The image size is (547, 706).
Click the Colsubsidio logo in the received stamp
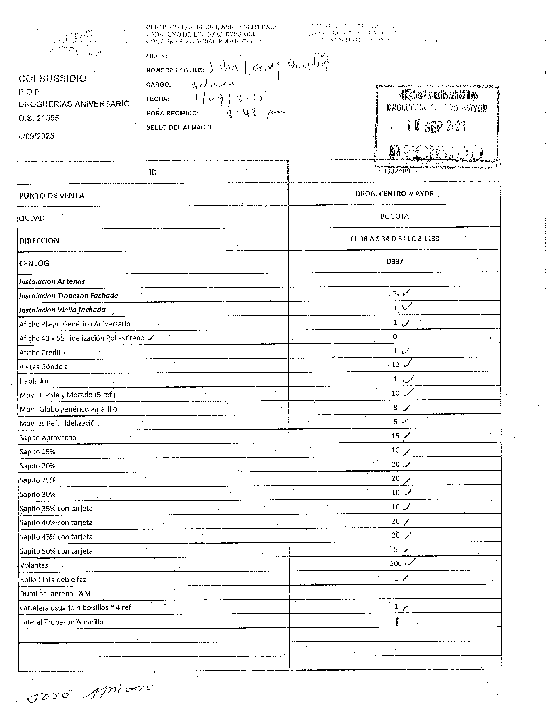pyautogui.click(x=439, y=95)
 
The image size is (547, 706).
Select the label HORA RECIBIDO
pyautogui.click(x=172, y=113)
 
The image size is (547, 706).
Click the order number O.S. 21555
pyautogui.click(x=39, y=118)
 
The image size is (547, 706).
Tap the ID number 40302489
pyautogui.click(x=394, y=171)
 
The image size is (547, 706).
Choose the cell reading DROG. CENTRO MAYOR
pyautogui.click(x=394, y=194)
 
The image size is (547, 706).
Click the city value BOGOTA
pyautogui.click(x=394, y=216)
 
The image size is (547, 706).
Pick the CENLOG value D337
pyautogui.click(x=394, y=261)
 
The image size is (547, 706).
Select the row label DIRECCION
pyautogui.click(x=39, y=241)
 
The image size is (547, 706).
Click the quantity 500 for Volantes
pyautogui.click(x=396, y=564)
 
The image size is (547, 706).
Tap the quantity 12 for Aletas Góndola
pyautogui.click(x=395, y=365)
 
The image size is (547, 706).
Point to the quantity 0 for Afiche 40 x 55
pyautogui.click(x=395, y=336)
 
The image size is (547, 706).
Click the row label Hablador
pyautogui.click(x=34, y=381)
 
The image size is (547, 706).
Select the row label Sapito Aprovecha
pyautogui.click(x=48, y=438)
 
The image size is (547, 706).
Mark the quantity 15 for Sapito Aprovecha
pyautogui.click(x=395, y=436)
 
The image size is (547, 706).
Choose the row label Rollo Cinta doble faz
pyautogui.click(x=53, y=579)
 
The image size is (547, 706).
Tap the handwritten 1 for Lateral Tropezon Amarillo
pyautogui.click(x=397, y=621)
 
